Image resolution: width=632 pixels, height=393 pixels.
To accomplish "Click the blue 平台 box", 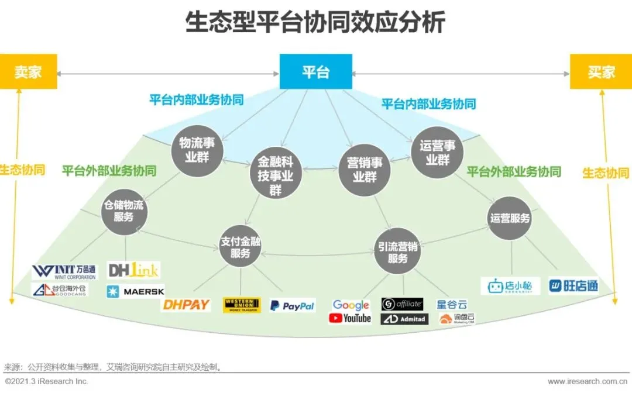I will (x=315, y=71).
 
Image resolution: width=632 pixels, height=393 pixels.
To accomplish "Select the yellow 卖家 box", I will (x=28, y=71).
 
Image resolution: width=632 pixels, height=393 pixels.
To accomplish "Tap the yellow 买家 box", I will (x=601, y=71).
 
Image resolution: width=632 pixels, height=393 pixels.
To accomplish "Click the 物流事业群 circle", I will (x=193, y=150).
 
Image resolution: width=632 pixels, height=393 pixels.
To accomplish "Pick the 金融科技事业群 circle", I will (x=276, y=175).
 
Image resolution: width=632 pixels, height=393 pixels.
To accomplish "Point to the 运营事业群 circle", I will (x=437, y=152).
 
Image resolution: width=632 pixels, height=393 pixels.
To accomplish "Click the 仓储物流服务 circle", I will (x=123, y=211).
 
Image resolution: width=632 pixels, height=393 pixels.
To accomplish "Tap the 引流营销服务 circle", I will (x=397, y=252).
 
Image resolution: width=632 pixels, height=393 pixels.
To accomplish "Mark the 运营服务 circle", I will (x=509, y=218).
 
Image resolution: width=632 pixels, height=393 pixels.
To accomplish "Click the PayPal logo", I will (x=292, y=305).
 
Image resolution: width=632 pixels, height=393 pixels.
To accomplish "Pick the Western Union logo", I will (x=242, y=305).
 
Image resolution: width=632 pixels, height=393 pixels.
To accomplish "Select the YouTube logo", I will (x=350, y=319).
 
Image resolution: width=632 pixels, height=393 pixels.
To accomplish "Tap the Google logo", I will (x=351, y=305).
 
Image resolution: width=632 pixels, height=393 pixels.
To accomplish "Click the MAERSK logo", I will (x=135, y=291).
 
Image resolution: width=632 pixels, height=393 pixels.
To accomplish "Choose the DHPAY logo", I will (x=186, y=305).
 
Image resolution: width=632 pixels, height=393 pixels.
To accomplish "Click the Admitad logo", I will (x=404, y=319).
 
